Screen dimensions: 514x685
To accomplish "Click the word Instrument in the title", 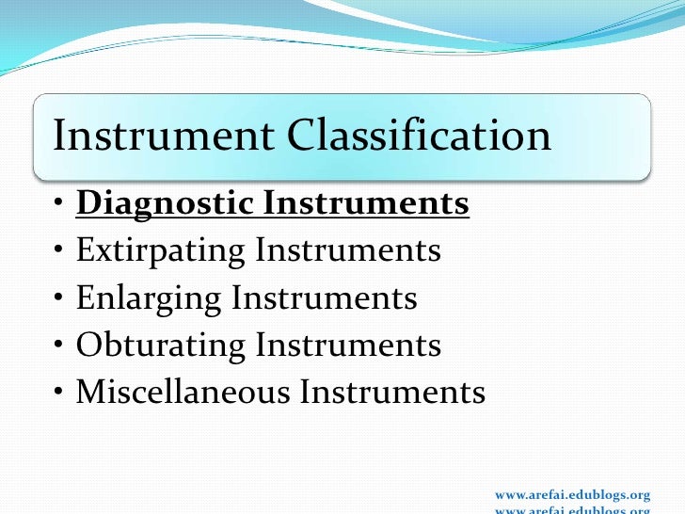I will (x=163, y=136).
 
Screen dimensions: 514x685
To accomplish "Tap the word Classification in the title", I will (x=419, y=136).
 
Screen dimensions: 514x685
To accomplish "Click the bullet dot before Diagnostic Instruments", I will (x=59, y=205).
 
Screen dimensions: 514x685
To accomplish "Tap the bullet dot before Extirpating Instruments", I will (x=59, y=252).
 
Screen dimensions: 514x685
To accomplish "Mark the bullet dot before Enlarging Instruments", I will (x=59, y=299).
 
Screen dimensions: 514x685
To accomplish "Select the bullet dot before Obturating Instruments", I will (x=59, y=346).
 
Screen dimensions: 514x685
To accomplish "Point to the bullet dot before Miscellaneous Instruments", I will (x=59, y=394).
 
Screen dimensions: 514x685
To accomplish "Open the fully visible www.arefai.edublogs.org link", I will (x=572, y=494).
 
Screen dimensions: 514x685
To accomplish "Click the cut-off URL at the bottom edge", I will (x=572, y=510).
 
